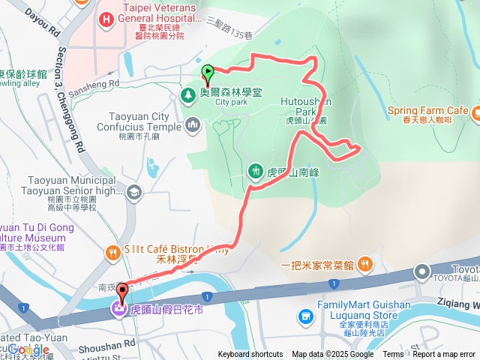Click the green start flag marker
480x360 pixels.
click(208, 73)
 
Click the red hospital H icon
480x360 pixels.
click(106, 19)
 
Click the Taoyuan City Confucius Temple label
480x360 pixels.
click(139, 121)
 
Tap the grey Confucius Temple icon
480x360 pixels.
click(193, 123)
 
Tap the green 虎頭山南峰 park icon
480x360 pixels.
click(255, 171)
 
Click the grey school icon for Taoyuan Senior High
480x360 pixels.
click(133, 193)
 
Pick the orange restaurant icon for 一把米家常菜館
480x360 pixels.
click(364, 263)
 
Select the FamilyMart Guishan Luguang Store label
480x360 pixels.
click(364, 310)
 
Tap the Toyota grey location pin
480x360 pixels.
click(422, 271)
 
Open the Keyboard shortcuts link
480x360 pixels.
click(250, 355)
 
